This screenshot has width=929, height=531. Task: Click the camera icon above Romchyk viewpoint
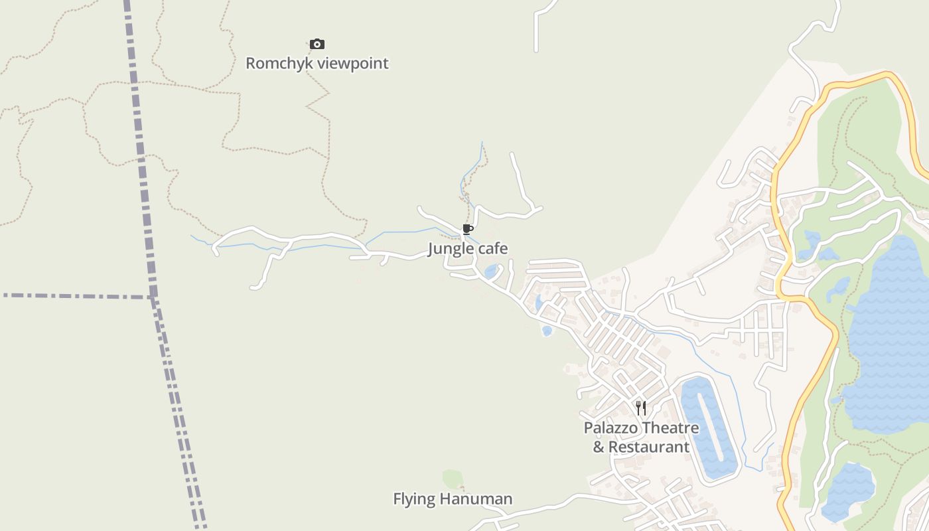coord(317,44)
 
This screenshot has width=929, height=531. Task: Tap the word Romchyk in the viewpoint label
coord(279,64)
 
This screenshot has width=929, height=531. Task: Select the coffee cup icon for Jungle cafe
coord(468,230)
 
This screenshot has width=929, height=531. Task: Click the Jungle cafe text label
coord(468,249)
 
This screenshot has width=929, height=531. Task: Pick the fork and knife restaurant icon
coord(641,408)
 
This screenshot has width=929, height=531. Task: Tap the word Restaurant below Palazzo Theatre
coord(649,447)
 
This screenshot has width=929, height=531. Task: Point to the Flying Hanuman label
coord(453,499)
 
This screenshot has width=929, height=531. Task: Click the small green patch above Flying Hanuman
coord(453,479)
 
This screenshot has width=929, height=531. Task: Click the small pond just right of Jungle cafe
coord(491,271)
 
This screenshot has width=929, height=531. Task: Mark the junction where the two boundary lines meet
coord(153,296)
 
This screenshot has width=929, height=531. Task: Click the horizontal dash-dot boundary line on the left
coord(73,295)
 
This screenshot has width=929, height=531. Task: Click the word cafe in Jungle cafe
coord(494,249)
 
